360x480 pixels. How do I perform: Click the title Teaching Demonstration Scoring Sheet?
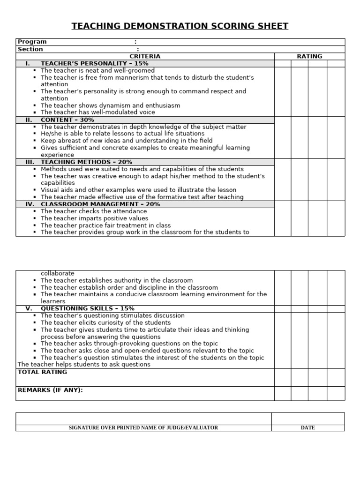click(180, 26)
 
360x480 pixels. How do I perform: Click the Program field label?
click(32, 42)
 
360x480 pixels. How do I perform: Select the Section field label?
click(30, 49)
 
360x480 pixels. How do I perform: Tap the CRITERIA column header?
click(145, 56)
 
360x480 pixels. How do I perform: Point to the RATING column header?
click(309, 56)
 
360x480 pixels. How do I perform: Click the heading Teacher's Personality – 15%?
click(94, 63)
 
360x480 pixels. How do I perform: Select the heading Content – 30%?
click(67, 120)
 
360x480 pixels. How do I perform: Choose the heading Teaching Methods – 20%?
click(86, 162)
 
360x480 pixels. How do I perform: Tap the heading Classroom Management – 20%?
click(100, 204)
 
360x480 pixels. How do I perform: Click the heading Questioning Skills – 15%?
click(87, 308)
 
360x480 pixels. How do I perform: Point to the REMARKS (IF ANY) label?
click(50, 390)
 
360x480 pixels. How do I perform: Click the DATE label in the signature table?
click(307, 427)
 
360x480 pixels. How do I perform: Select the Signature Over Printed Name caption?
click(143, 427)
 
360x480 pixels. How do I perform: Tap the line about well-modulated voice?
click(97, 112)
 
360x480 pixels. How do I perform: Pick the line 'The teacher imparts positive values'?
click(94, 218)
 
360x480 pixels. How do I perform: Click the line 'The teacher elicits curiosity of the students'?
click(105, 322)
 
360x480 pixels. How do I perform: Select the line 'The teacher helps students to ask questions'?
click(84, 364)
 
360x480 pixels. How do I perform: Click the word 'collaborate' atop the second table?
click(57, 273)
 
